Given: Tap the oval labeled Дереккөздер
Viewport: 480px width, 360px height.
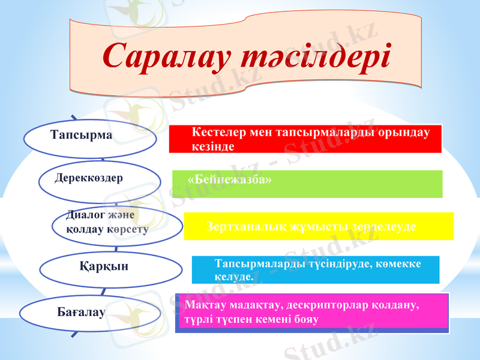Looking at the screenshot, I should coord(100,179).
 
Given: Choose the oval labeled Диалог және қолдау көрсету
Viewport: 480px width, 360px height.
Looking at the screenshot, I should coord(117,224).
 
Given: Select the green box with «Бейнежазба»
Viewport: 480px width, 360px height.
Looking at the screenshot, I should coord(307,184).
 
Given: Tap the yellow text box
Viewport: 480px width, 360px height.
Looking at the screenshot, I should coord(318,226).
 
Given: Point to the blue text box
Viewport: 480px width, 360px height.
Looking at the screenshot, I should coord(315,270).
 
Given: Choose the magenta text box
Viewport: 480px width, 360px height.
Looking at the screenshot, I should coord(313,312).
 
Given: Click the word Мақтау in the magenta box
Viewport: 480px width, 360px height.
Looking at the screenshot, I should coord(203,305).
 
